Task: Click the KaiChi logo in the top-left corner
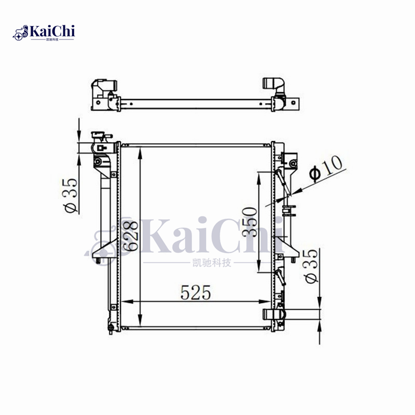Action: tap(44, 33)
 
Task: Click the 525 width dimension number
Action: tap(196, 293)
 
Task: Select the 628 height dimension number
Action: tap(131, 236)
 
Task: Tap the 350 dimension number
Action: tap(250, 222)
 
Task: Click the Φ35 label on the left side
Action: tap(71, 196)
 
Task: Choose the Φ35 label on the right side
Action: tap(310, 266)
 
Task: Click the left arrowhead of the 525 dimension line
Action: tap(127, 301)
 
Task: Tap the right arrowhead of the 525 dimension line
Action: tap(265, 301)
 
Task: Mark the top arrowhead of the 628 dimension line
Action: tap(140, 153)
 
